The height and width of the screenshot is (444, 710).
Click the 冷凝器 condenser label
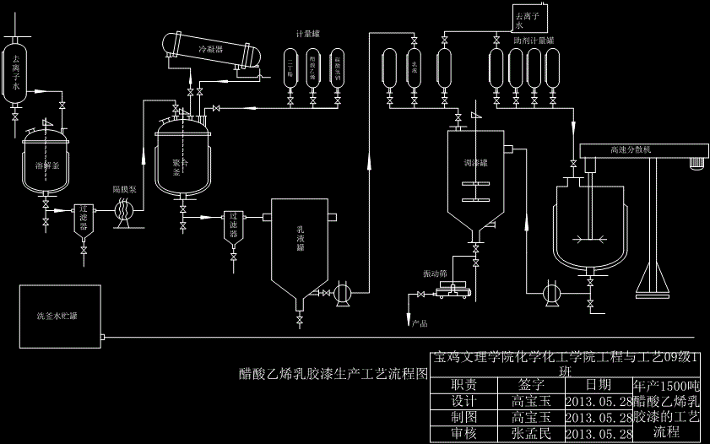click(x=210, y=50)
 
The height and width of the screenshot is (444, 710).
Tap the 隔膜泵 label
click(x=124, y=189)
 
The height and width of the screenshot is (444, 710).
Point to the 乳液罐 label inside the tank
click(x=300, y=238)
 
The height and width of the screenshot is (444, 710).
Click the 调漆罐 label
click(x=475, y=164)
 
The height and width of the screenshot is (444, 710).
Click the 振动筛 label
click(x=435, y=274)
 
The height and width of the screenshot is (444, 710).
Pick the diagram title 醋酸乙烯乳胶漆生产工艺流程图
click(x=334, y=374)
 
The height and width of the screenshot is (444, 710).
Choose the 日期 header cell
click(x=598, y=385)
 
